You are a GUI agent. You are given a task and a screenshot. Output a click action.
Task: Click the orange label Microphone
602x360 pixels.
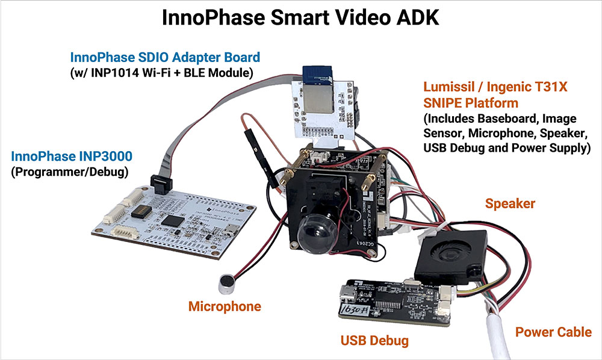pos(225,306)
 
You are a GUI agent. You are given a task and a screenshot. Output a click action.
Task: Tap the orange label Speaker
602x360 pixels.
pos(510,203)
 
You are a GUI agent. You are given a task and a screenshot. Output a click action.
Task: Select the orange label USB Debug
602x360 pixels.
pos(374,341)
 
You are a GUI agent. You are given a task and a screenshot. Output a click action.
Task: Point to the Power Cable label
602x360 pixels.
pos(553,332)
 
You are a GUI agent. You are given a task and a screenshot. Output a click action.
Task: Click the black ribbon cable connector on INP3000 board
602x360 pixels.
pos(163,181)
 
